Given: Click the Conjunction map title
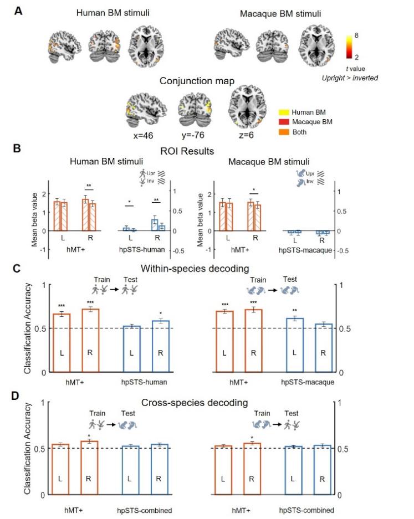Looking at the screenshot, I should pos(193,81).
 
